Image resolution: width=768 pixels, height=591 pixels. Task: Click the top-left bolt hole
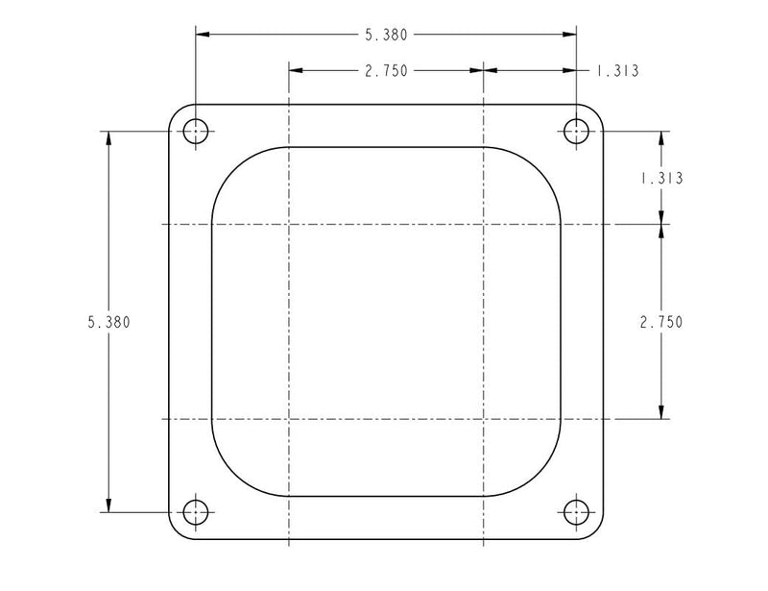[x=196, y=130]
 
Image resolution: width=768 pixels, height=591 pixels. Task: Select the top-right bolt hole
[x=576, y=130]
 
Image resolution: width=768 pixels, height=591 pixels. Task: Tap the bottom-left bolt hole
[x=196, y=511]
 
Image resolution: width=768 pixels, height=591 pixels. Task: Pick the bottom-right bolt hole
[x=576, y=511]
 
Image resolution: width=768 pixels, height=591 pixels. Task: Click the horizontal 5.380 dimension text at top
[x=386, y=35]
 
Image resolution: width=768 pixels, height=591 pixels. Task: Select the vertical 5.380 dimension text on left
[x=108, y=322]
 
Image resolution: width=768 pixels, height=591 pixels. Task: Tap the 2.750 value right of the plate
[x=660, y=322]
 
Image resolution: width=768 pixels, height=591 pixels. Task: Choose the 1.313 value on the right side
[x=660, y=178]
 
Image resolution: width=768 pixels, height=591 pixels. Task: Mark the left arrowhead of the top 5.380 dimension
[x=203, y=35]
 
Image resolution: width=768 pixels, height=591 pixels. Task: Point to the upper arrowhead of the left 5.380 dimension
[x=108, y=136]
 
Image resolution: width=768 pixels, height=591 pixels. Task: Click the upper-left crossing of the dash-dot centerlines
[x=289, y=225]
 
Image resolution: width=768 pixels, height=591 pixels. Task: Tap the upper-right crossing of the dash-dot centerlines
[x=483, y=225]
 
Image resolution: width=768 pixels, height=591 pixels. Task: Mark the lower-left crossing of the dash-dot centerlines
[x=289, y=419]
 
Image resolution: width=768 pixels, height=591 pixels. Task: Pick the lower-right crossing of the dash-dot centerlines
[x=483, y=419]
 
